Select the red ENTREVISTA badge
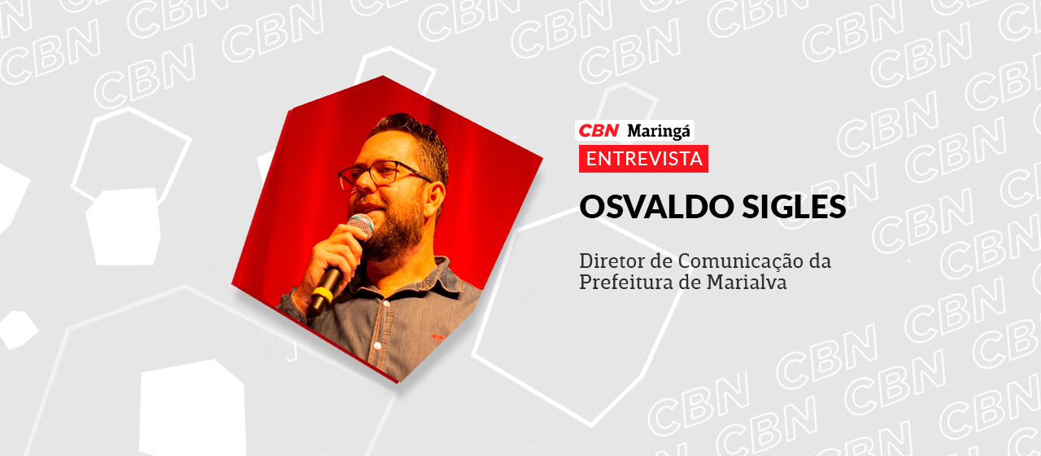tap(643, 158)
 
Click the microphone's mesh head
tap(359, 226)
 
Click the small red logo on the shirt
tap(440, 335)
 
